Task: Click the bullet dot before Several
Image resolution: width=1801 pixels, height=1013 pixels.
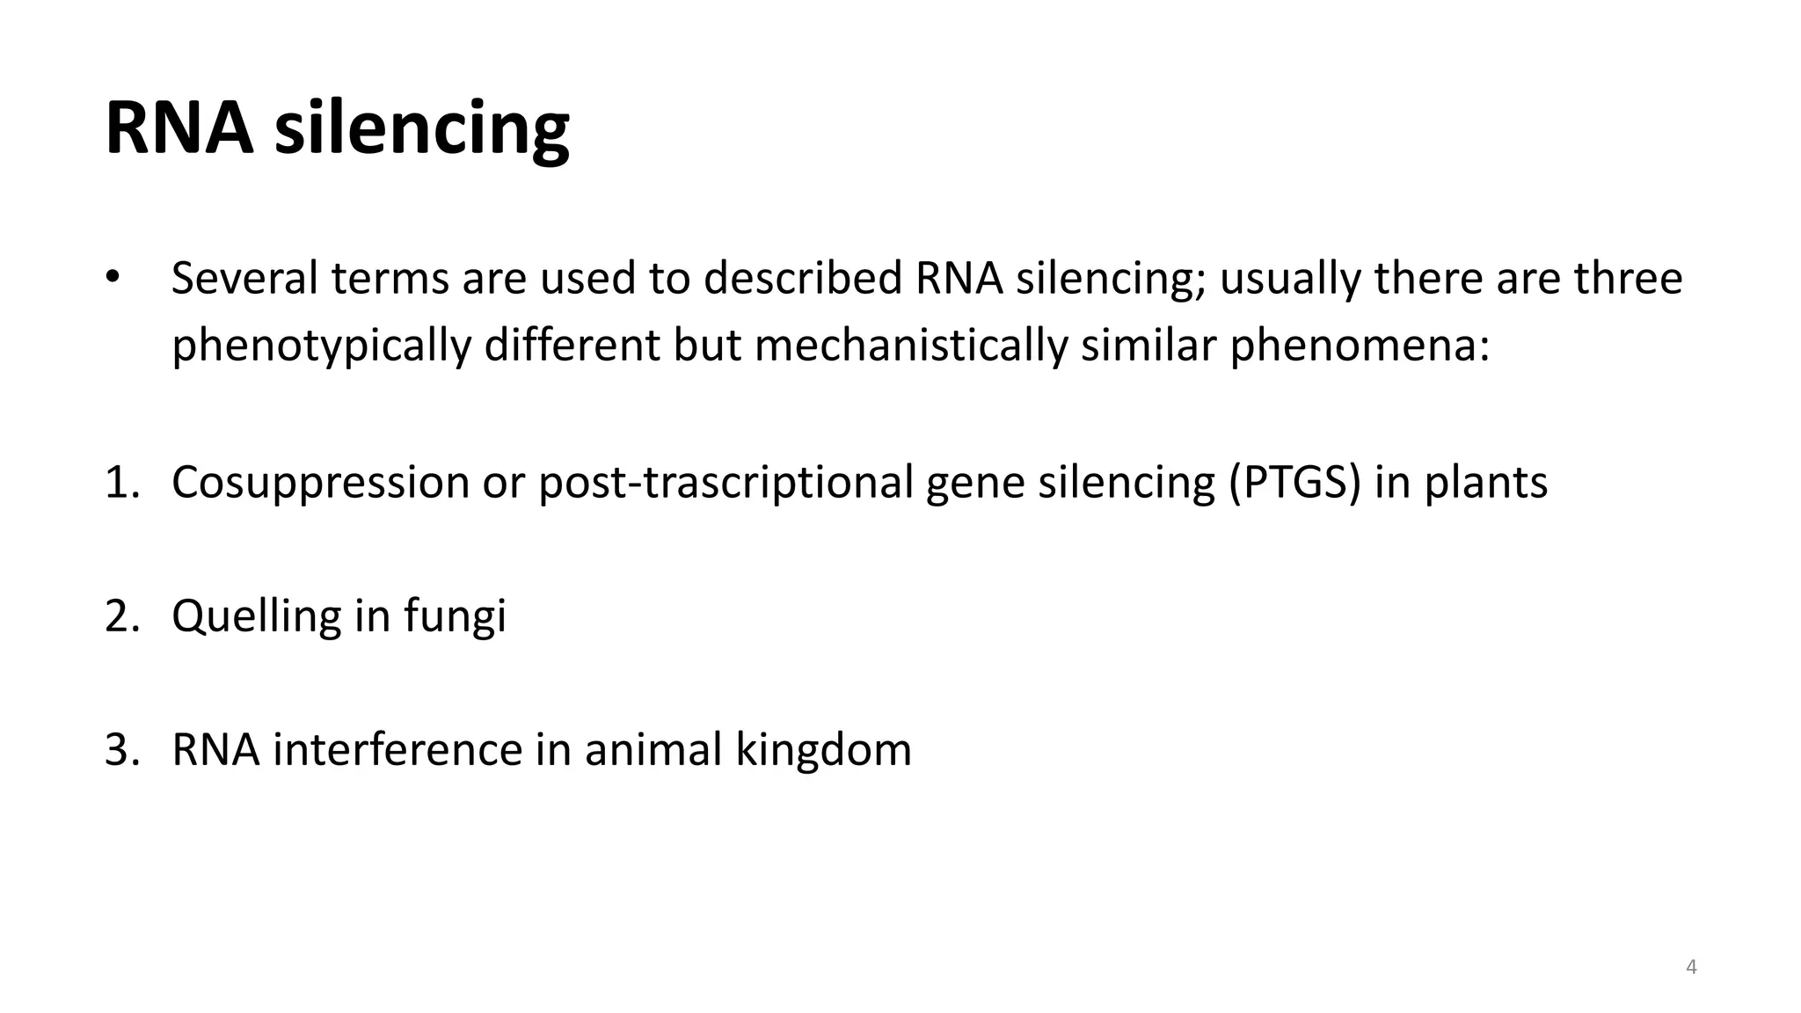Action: coord(112,277)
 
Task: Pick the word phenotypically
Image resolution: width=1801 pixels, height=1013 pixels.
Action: coord(321,346)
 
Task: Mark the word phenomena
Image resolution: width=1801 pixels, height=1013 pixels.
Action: coord(1359,346)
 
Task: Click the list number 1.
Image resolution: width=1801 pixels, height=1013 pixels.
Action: coord(121,482)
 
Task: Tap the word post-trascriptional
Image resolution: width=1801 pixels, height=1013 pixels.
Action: coord(726,483)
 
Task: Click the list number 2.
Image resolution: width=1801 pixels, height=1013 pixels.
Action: coord(121,616)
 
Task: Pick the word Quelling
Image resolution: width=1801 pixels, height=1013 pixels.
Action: coord(256,616)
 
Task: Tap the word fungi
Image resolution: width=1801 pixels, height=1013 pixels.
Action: coord(455,616)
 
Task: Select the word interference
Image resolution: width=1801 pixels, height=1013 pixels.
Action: coord(397,749)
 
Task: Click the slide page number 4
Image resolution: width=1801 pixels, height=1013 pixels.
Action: coord(1691,968)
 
